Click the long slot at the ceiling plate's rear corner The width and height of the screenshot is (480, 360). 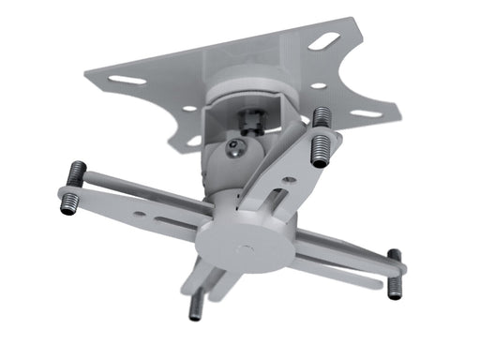(324, 40)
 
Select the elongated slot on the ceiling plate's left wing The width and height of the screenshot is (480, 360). (127, 80)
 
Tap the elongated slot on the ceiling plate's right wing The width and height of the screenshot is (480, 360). (367, 114)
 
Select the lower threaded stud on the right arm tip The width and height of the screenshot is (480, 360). (396, 286)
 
